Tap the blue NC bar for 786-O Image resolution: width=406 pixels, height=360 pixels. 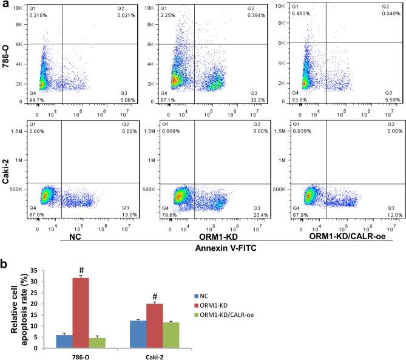(x=65, y=341)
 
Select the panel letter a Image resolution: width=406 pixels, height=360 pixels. (x=5, y=5)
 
